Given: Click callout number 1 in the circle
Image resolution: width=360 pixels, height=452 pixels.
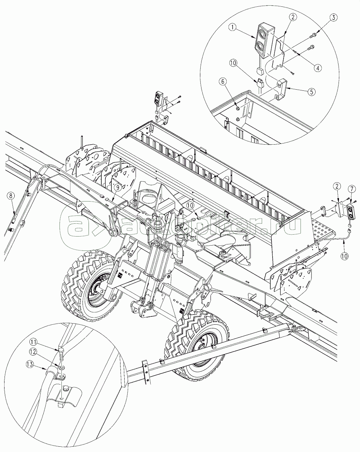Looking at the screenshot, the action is tap(233, 27).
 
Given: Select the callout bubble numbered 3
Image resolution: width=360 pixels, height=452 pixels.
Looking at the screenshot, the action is tap(334, 17).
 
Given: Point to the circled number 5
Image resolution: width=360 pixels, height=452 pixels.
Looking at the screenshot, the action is tap(311, 92).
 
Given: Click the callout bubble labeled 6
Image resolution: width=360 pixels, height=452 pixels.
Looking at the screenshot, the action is tap(223, 81).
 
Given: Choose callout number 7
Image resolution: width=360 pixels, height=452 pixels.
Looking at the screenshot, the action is tap(352, 189).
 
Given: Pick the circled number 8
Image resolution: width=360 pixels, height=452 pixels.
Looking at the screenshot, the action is tap(11, 196).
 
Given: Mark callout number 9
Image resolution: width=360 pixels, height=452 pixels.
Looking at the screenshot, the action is tap(117, 188).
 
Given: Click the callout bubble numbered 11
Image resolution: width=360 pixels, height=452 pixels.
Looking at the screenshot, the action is tap(33, 342).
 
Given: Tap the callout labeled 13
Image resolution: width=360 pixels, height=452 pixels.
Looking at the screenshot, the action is tap(30, 364).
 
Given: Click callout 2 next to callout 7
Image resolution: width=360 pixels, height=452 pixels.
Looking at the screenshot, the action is tap(337, 186).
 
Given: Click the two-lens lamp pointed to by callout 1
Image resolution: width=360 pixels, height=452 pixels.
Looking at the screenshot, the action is tap(264, 40).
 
